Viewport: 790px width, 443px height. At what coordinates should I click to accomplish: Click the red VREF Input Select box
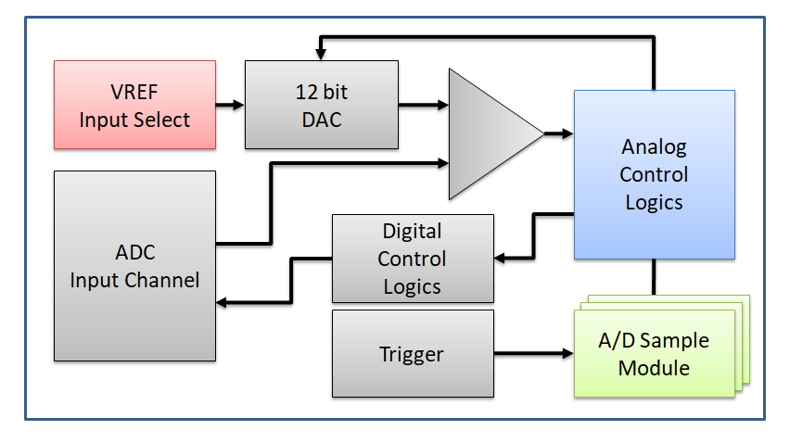134,105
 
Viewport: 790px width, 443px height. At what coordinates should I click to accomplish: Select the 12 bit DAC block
321,105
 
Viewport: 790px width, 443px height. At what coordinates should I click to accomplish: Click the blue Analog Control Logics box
654,174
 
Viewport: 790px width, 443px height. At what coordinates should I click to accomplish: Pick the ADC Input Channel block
134,265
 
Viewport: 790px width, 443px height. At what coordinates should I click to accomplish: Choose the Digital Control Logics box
413,259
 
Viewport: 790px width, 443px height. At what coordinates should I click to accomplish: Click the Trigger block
413,353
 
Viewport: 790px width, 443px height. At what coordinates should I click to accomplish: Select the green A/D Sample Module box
654,354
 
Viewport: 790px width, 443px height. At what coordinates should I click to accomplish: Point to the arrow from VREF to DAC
230,105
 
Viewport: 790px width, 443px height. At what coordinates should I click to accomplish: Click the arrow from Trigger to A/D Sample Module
533,353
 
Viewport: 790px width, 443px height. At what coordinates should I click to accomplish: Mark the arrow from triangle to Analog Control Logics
558,133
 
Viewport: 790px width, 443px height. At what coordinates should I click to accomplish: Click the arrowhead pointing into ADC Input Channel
224,302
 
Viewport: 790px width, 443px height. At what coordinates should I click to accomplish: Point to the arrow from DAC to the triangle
423,105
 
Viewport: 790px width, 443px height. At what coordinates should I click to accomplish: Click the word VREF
134,93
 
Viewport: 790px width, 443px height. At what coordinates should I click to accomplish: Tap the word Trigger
412,353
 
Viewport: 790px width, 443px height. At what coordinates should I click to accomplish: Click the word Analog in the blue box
654,147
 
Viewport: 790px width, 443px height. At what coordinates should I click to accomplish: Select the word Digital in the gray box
412,231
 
